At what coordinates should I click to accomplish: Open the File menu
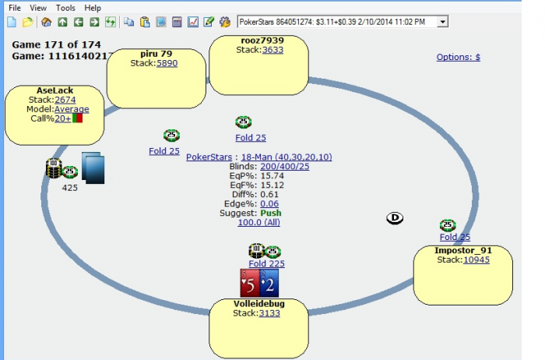14,8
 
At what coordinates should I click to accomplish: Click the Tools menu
65,8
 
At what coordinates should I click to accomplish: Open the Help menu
93,8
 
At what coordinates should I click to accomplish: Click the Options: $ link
458,57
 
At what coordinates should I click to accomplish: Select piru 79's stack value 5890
167,63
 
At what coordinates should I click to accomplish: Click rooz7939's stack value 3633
272,50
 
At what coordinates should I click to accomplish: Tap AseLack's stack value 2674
65,100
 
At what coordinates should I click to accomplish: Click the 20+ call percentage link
62,118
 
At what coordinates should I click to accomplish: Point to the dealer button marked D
395,219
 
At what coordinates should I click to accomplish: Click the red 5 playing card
249,282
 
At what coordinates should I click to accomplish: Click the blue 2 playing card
269,282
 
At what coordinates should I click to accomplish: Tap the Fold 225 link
266,263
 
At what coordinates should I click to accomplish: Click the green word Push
270,213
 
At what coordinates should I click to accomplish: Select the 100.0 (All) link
258,222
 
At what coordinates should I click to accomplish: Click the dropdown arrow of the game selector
443,22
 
